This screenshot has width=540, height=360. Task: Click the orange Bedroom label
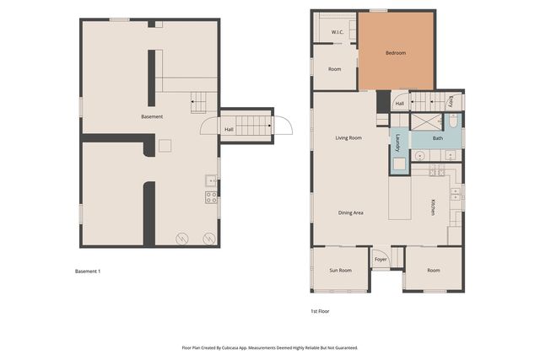[396, 53]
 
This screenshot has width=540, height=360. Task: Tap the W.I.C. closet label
[337, 32]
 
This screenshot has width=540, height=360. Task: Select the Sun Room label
[340, 270]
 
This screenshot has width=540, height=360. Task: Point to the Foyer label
[381, 260]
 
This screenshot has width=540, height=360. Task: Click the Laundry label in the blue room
[397, 142]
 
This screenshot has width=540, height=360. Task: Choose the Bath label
[438, 138]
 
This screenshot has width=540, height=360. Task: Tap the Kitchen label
[433, 207]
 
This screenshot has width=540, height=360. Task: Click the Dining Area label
[351, 212]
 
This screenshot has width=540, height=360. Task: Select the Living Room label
[348, 137]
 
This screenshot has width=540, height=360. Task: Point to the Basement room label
[152, 116]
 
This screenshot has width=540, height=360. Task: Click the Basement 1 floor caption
[88, 271]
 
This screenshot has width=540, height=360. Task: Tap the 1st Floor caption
[320, 311]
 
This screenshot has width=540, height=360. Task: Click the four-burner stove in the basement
[211, 197]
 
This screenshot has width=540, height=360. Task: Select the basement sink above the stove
[211, 180]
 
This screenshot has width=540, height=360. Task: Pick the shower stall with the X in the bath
[426, 122]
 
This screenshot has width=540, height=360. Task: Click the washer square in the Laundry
[399, 164]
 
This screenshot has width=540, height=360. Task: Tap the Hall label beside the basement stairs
[229, 129]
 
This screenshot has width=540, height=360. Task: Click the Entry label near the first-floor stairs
[451, 101]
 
